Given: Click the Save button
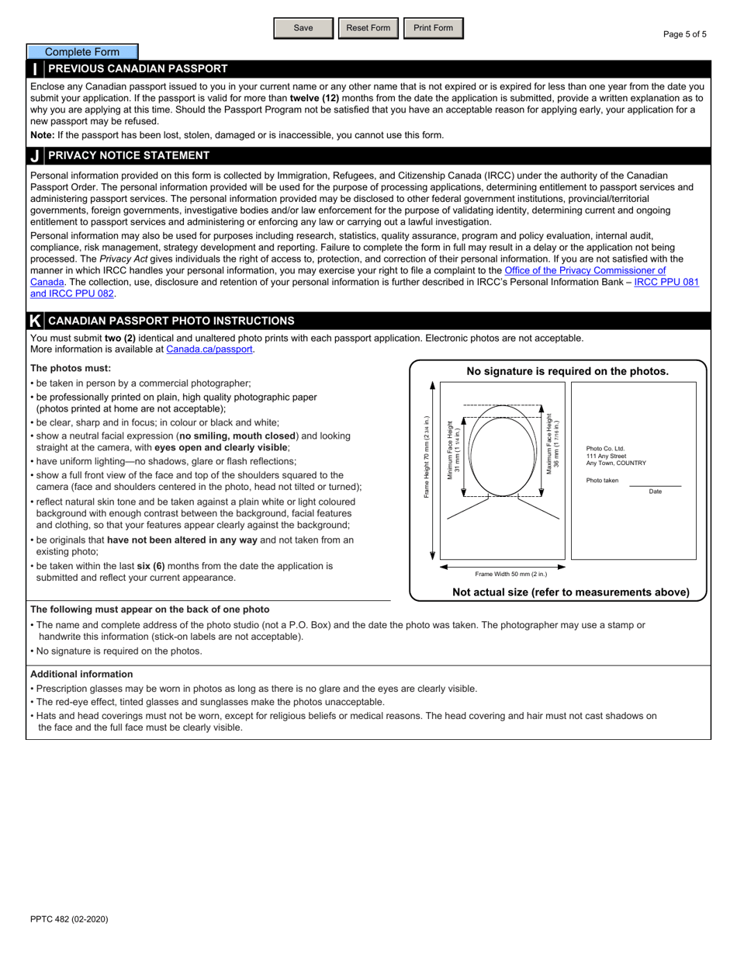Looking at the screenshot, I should point(303,28).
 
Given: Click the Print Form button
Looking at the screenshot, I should point(433,28).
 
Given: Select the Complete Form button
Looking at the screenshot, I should point(82,52).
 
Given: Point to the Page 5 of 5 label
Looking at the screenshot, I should point(684,34).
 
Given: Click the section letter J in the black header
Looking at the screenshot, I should point(35,156).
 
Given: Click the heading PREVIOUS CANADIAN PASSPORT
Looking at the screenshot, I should point(138,68).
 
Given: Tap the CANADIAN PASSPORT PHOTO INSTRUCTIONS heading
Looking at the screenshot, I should point(171,321).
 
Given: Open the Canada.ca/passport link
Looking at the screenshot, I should point(209,349).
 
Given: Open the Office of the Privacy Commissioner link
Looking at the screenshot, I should point(585,270).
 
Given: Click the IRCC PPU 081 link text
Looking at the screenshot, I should point(666,282).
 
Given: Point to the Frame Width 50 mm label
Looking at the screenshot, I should point(510,575).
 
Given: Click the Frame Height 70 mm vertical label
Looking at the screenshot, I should point(427,457).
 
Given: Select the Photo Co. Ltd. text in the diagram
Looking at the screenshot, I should point(605,449).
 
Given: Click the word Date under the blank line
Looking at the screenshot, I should point(656,491).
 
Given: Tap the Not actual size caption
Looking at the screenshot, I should point(570,592).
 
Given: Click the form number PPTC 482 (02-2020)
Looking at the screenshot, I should point(69,919).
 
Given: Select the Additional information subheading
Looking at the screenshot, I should point(81,674).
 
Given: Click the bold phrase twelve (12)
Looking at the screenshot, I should point(314,99).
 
